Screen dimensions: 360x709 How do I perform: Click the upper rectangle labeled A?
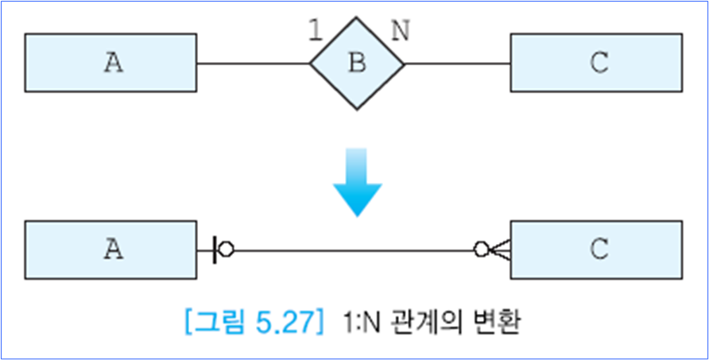click(x=110, y=63)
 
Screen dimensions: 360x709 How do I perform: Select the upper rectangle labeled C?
click(x=595, y=63)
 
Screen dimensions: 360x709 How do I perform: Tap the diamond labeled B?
click(x=357, y=64)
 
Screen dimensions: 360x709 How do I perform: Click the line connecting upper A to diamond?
click(x=253, y=64)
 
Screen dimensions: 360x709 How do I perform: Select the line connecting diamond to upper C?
click(x=457, y=64)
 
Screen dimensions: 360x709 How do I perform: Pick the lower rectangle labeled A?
click(x=110, y=250)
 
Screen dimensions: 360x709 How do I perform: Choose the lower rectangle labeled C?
click(x=595, y=250)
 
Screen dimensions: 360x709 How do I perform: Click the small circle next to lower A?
click(x=226, y=250)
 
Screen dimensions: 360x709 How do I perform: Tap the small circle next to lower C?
click(x=481, y=250)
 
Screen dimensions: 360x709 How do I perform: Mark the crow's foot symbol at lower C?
click(x=500, y=250)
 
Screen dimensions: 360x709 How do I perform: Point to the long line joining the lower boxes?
click(x=354, y=250)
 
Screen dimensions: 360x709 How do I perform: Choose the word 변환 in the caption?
click(x=498, y=325)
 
